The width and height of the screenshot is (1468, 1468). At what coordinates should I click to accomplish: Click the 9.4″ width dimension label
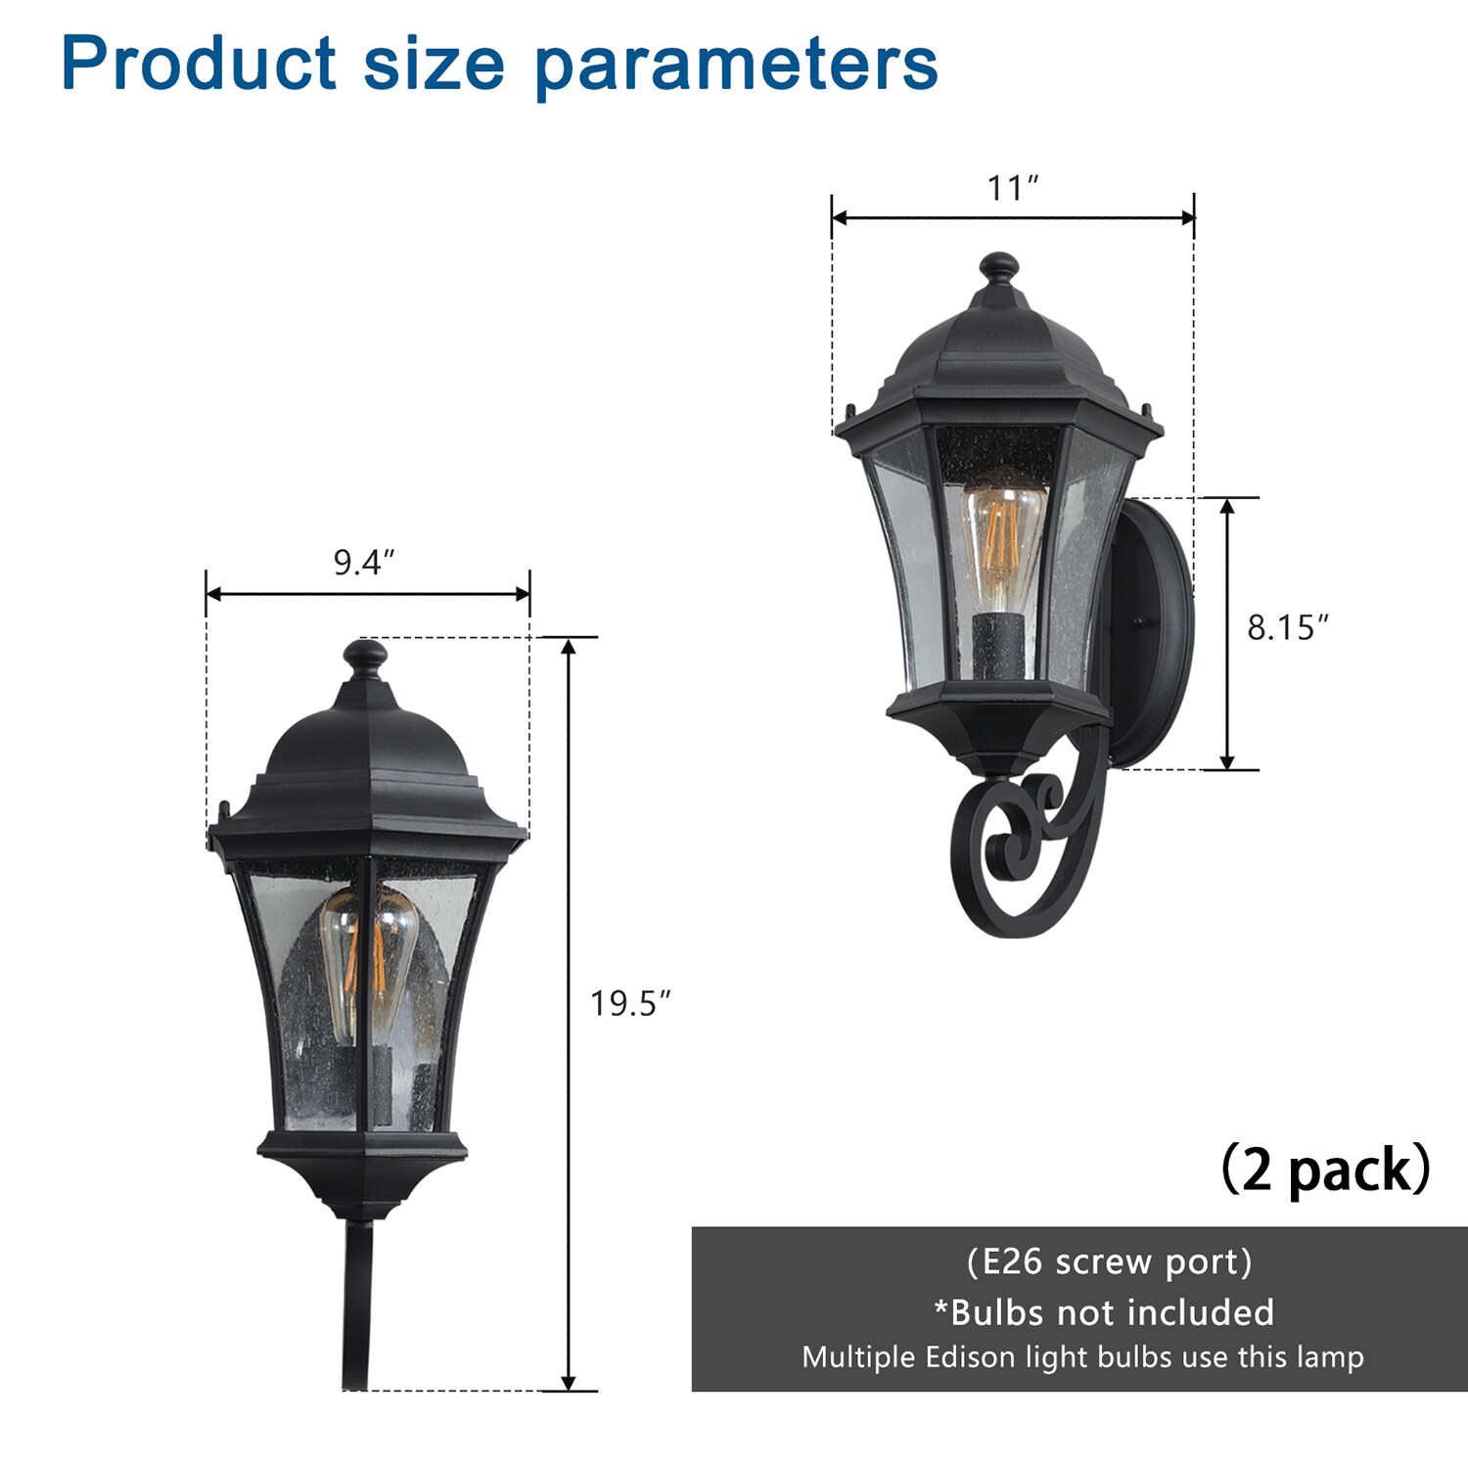tap(364, 563)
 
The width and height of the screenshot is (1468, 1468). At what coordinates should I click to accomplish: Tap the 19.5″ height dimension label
tap(630, 1003)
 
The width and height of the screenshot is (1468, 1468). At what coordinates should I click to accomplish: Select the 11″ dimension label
tap(1012, 187)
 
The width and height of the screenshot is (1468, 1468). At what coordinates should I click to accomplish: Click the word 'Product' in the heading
tap(199, 64)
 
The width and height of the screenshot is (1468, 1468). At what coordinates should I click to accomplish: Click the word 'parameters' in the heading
tap(736, 66)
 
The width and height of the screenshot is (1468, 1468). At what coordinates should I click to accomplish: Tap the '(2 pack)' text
tap(1326, 1169)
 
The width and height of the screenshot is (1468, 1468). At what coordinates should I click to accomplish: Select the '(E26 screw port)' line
tap(1109, 1262)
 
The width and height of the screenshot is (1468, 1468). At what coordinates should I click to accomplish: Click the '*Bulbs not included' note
tap(1103, 1311)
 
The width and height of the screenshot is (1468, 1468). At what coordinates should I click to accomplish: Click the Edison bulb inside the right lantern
tap(1002, 543)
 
